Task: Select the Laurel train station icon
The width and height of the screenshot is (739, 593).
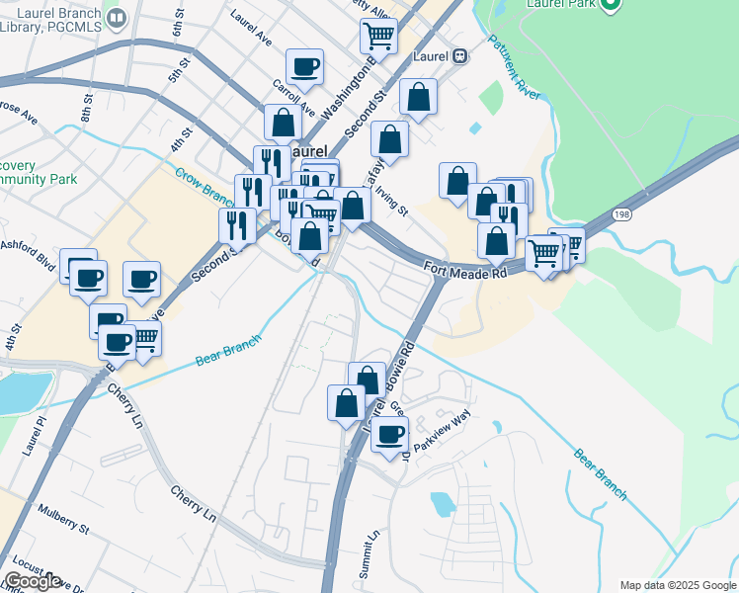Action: point(459,56)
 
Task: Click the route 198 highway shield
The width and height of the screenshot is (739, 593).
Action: point(620,214)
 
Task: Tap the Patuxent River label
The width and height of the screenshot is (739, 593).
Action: point(514,67)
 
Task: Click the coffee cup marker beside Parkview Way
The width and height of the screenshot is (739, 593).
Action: point(390,434)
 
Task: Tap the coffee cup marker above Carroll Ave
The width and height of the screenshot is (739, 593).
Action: point(304,68)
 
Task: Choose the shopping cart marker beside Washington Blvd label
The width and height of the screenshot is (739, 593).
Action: point(378,37)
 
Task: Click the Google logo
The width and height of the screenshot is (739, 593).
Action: point(33,581)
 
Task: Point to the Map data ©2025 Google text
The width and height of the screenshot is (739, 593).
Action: point(677,585)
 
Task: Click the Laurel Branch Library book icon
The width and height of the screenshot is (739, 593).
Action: point(117,19)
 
